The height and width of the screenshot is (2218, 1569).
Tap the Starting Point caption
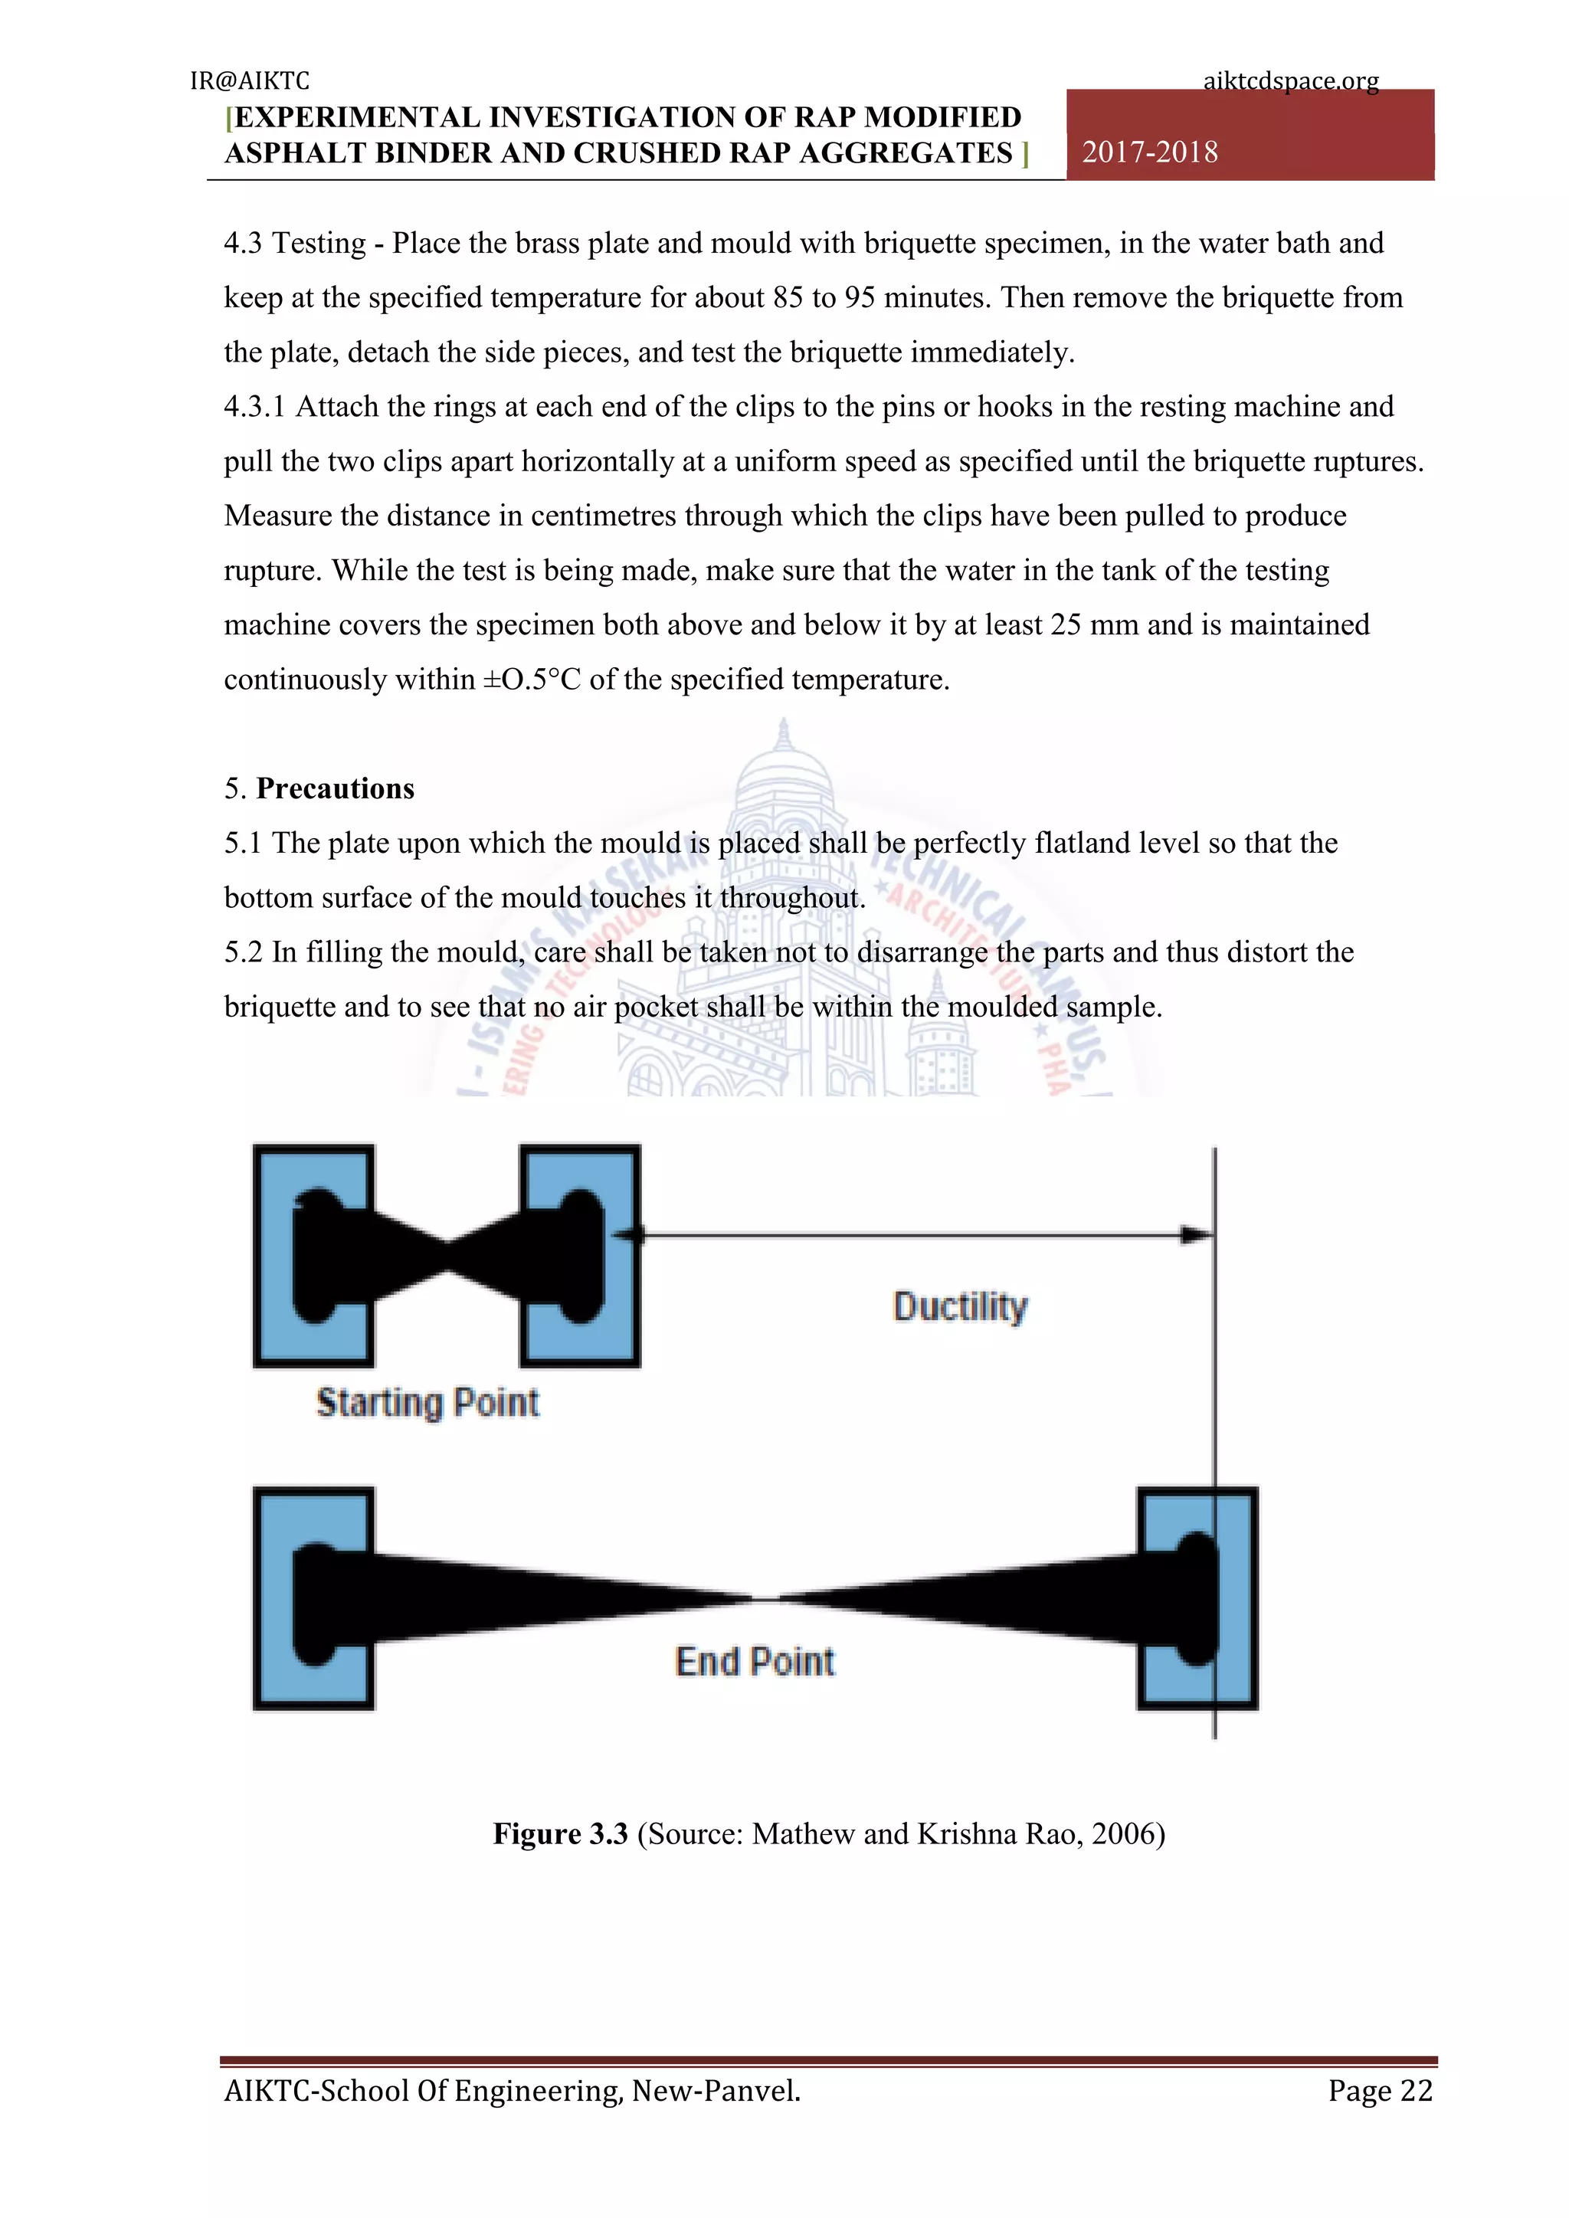click(427, 1403)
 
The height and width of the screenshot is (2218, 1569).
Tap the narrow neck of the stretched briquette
click(766, 1599)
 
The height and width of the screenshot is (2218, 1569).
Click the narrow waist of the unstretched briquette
click(447, 1256)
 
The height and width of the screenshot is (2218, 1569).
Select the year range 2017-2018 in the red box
click(1150, 152)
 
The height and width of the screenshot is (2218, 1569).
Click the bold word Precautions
click(336, 788)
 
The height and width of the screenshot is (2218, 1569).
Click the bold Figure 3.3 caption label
click(560, 1833)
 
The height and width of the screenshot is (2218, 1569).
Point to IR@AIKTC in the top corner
click(249, 81)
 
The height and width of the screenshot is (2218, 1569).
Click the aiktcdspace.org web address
click(1291, 81)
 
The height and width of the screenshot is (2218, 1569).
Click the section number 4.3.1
click(254, 407)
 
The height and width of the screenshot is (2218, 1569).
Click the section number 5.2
click(243, 952)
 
